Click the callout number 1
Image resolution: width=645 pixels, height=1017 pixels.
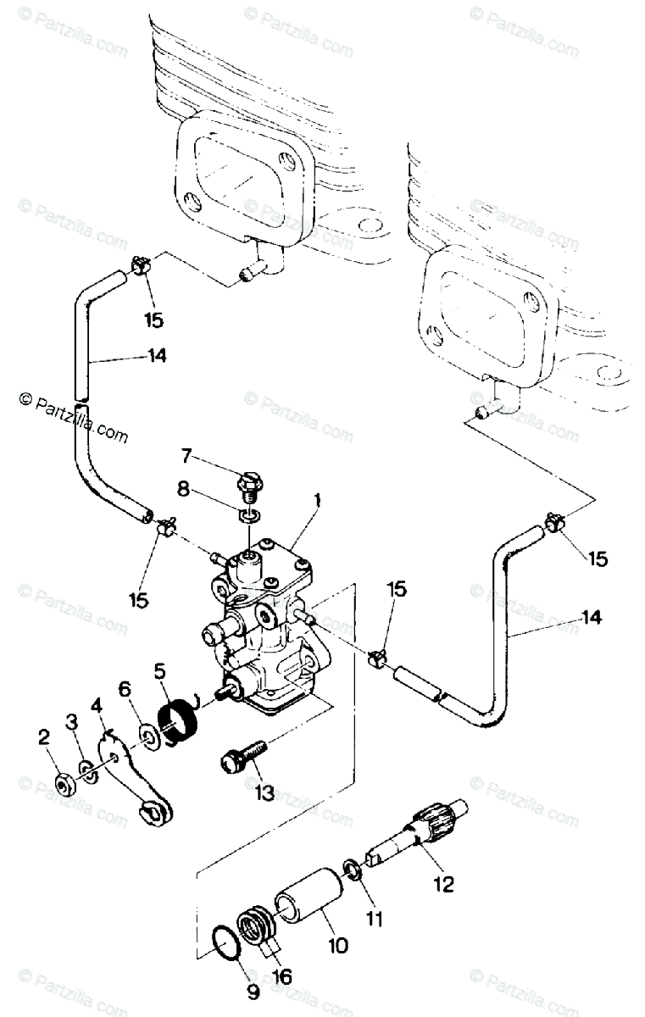[x=316, y=502]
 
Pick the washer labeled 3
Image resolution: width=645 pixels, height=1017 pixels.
[x=87, y=770]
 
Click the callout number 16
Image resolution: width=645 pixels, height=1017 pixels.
[x=282, y=976]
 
